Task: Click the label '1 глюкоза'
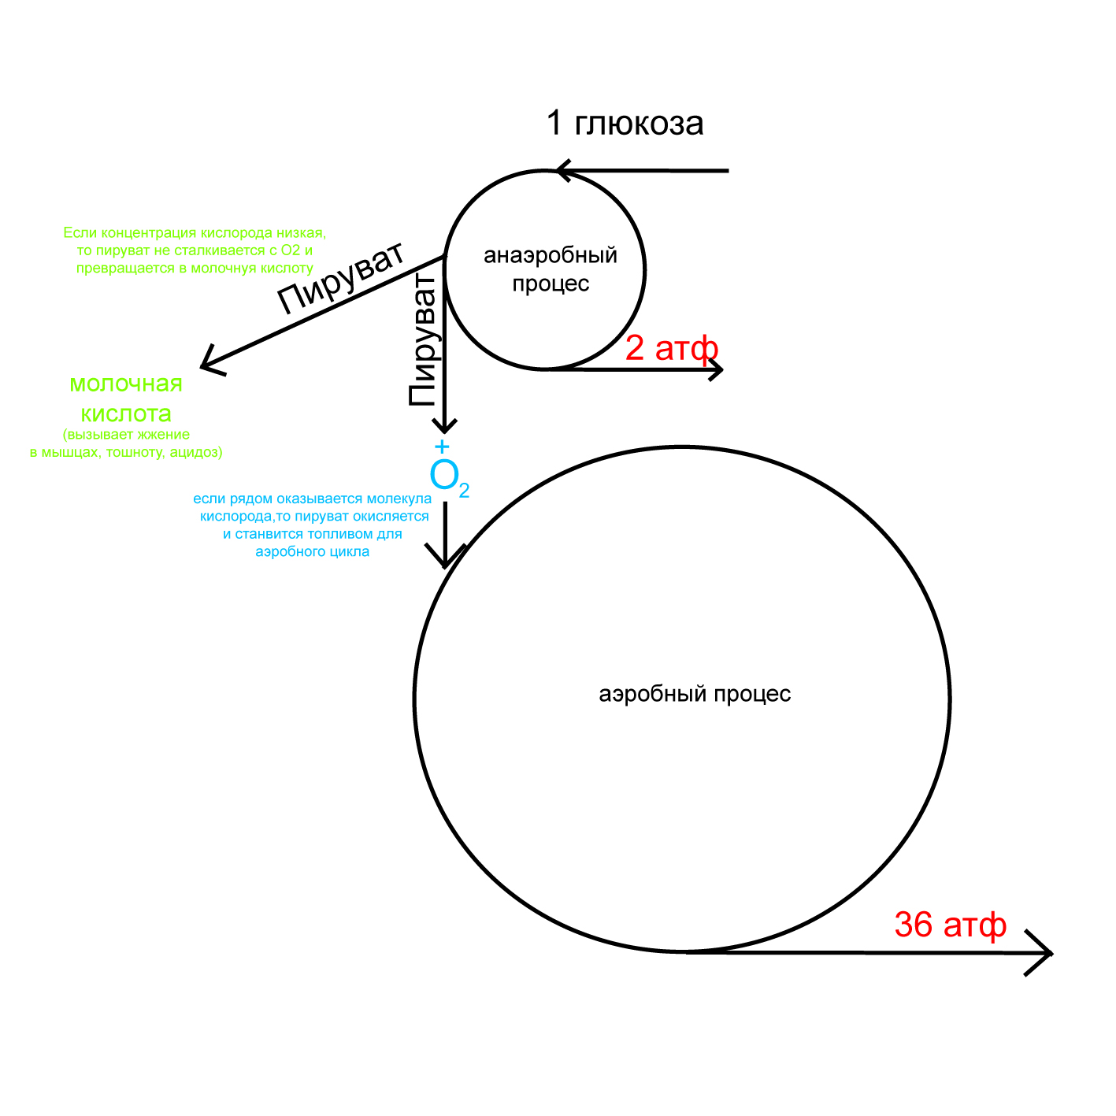625,124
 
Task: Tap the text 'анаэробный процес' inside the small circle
550,269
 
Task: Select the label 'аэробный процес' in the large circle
695,694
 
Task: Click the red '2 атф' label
671,348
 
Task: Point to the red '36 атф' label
950,925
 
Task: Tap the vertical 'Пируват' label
423,340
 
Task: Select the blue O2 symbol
447,476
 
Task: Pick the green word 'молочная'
126,384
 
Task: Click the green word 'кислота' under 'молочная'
126,413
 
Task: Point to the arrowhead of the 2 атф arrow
717,369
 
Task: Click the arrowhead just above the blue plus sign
444,426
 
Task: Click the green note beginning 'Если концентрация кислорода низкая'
195,250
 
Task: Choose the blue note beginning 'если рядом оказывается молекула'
313,525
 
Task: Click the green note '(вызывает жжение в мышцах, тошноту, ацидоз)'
126,443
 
